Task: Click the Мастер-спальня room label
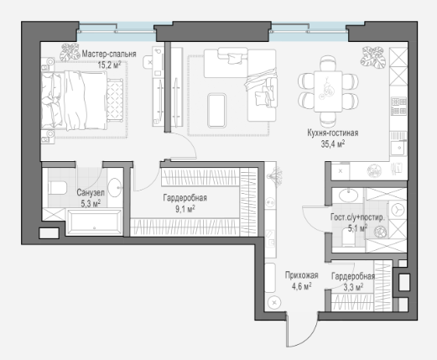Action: point(109,54)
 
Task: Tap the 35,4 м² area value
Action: point(333,143)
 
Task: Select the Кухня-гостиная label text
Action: point(333,133)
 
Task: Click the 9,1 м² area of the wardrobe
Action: point(185,209)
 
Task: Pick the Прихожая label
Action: point(302,275)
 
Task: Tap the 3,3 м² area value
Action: point(353,287)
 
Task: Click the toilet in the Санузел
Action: point(57,188)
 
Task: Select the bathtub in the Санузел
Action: point(95,222)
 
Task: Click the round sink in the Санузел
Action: point(115,187)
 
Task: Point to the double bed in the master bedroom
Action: point(74,101)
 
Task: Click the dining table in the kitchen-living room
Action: point(328,91)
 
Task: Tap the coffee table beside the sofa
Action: point(216,111)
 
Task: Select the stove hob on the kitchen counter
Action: point(398,106)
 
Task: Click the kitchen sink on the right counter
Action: point(398,148)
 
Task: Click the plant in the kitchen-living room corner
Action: point(373,57)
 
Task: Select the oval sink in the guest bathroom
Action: point(348,195)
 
